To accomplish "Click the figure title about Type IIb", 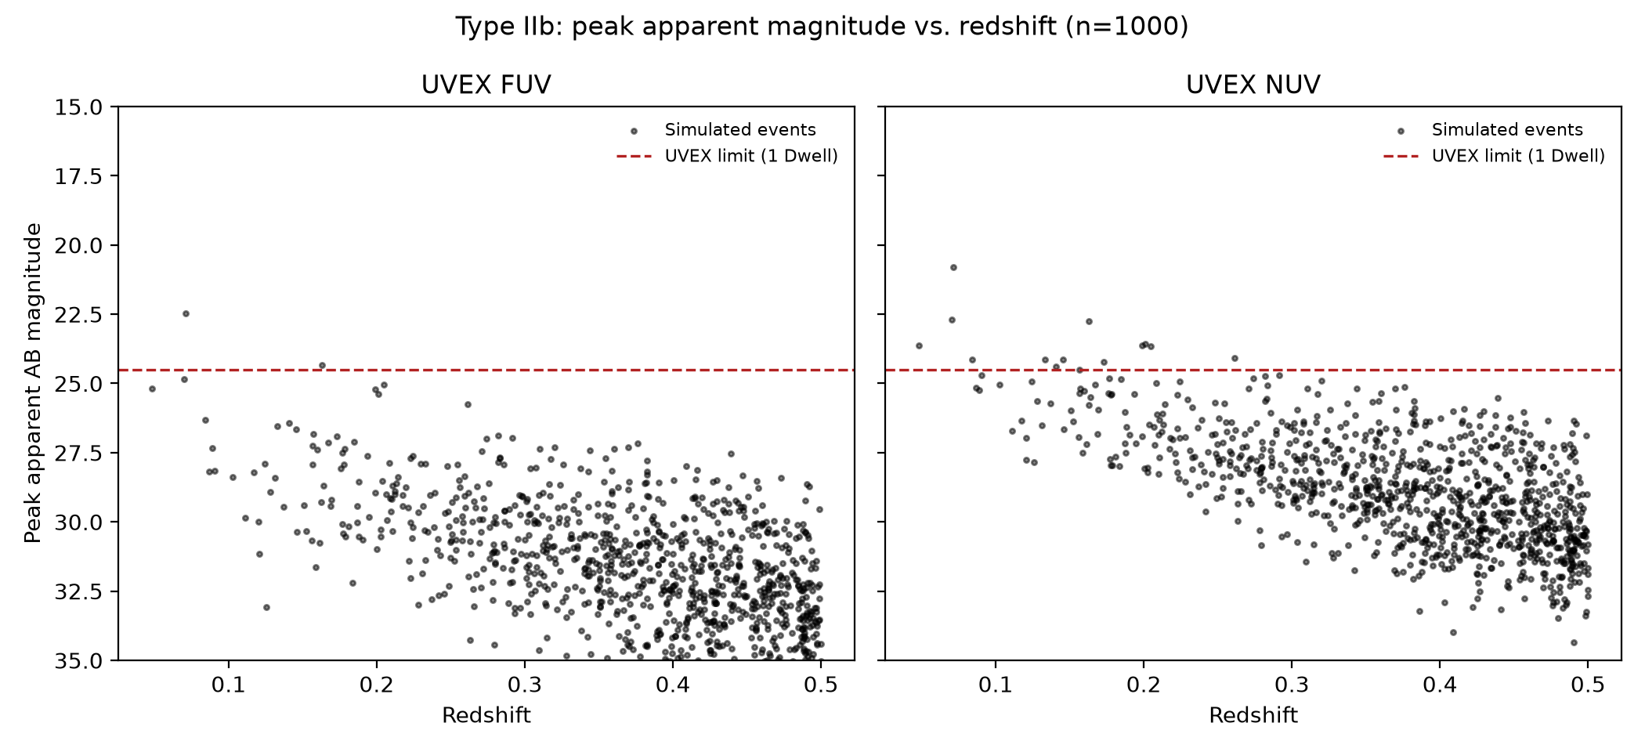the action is click(x=822, y=27).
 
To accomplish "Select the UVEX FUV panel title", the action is click(x=486, y=85).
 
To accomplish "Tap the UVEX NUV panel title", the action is click(x=1253, y=85).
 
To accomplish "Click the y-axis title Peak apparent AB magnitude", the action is click(x=33, y=383).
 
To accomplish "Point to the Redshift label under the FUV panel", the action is click(x=486, y=715).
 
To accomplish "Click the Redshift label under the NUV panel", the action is click(x=1253, y=715).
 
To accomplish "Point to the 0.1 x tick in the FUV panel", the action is click(x=229, y=685).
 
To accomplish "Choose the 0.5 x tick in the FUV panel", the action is click(x=821, y=685).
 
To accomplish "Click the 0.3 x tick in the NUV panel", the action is click(x=1292, y=685).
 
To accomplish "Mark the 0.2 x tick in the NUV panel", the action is click(x=1144, y=685).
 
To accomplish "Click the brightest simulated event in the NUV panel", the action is click(x=953, y=267).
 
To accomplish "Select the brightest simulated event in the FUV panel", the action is click(x=186, y=313).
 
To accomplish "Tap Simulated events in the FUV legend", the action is click(x=740, y=130).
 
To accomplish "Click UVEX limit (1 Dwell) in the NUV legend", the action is click(x=1518, y=156).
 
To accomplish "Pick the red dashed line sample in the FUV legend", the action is click(x=634, y=157).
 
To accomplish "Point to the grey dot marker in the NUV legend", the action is click(x=1401, y=131).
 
